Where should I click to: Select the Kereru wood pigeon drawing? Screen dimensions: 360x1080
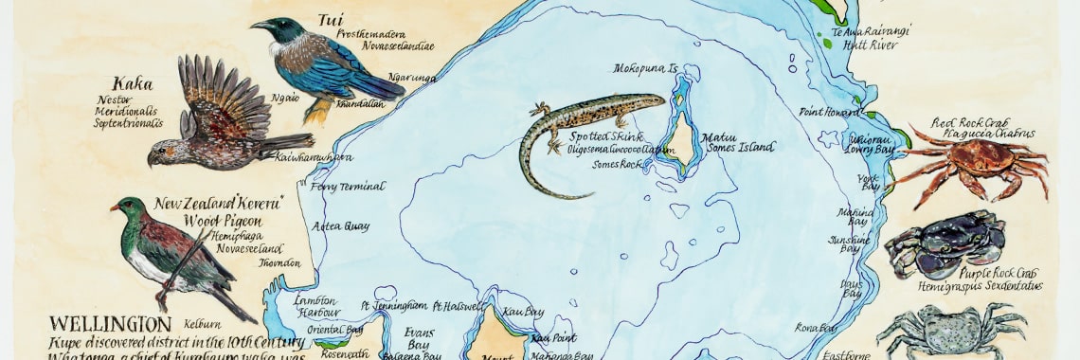click(175, 251)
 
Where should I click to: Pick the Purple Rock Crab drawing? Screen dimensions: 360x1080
click(945, 244)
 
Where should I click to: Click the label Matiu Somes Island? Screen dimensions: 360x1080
click(737, 143)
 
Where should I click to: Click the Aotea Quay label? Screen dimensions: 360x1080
click(347, 225)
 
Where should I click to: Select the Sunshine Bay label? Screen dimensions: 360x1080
click(849, 244)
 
